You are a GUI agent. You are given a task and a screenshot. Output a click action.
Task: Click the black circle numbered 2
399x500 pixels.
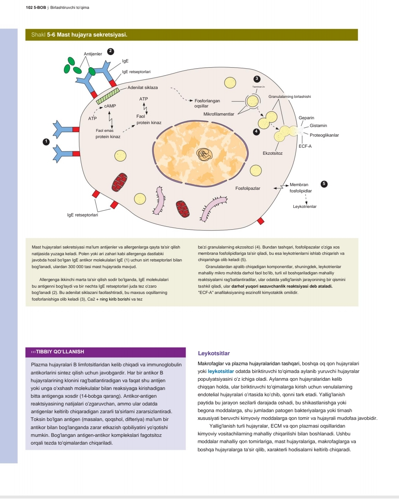point(110,51)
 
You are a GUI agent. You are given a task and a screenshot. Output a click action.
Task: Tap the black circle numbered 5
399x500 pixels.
point(324,184)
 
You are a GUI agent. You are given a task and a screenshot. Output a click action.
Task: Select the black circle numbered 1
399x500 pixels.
point(46,142)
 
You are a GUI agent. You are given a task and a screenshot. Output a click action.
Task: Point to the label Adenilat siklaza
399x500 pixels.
point(143,88)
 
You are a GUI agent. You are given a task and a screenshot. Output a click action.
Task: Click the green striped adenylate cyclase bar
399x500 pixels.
point(108,96)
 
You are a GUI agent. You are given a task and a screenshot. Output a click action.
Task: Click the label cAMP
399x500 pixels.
point(110,106)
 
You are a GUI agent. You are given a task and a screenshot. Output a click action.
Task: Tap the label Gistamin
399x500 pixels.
point(318,126)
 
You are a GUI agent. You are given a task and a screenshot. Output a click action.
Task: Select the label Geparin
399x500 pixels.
point(307,118)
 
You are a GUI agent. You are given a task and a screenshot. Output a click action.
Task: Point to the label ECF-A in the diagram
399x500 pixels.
point(305,146)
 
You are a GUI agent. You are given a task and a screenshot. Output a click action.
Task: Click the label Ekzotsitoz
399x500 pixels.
point(273,153)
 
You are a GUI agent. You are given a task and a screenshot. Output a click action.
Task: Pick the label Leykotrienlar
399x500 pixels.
point(304,206)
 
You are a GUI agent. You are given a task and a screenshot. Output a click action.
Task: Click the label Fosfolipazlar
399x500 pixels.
point(248,188)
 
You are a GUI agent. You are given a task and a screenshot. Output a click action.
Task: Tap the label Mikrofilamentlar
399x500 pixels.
point(219,114)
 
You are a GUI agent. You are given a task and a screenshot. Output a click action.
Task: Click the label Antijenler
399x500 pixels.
point(93,54)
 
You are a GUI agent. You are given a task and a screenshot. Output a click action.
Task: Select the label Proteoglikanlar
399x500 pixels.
point(324,135)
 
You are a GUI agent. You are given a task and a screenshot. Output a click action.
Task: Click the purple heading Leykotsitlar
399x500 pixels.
point(214,353)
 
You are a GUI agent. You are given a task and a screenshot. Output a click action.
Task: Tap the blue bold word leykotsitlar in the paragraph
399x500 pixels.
point(221,371)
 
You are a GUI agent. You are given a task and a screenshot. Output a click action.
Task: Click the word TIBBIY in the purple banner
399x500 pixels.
point(44,352)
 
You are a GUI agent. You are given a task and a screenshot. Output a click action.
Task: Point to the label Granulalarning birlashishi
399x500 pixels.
point(290,97)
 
